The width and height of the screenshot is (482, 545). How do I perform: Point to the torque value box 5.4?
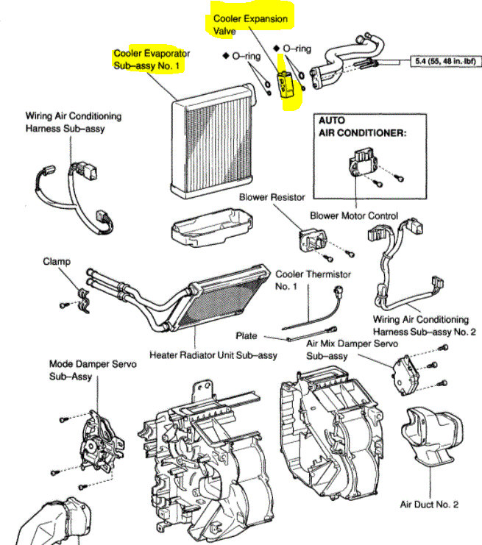440,63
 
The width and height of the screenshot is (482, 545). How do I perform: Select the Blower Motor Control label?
364,215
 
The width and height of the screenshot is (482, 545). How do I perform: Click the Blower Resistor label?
269,197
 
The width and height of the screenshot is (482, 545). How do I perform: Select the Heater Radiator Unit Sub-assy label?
213,355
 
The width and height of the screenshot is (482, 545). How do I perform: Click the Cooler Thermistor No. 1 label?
313,280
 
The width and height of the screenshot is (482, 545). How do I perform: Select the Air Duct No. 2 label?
429,505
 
